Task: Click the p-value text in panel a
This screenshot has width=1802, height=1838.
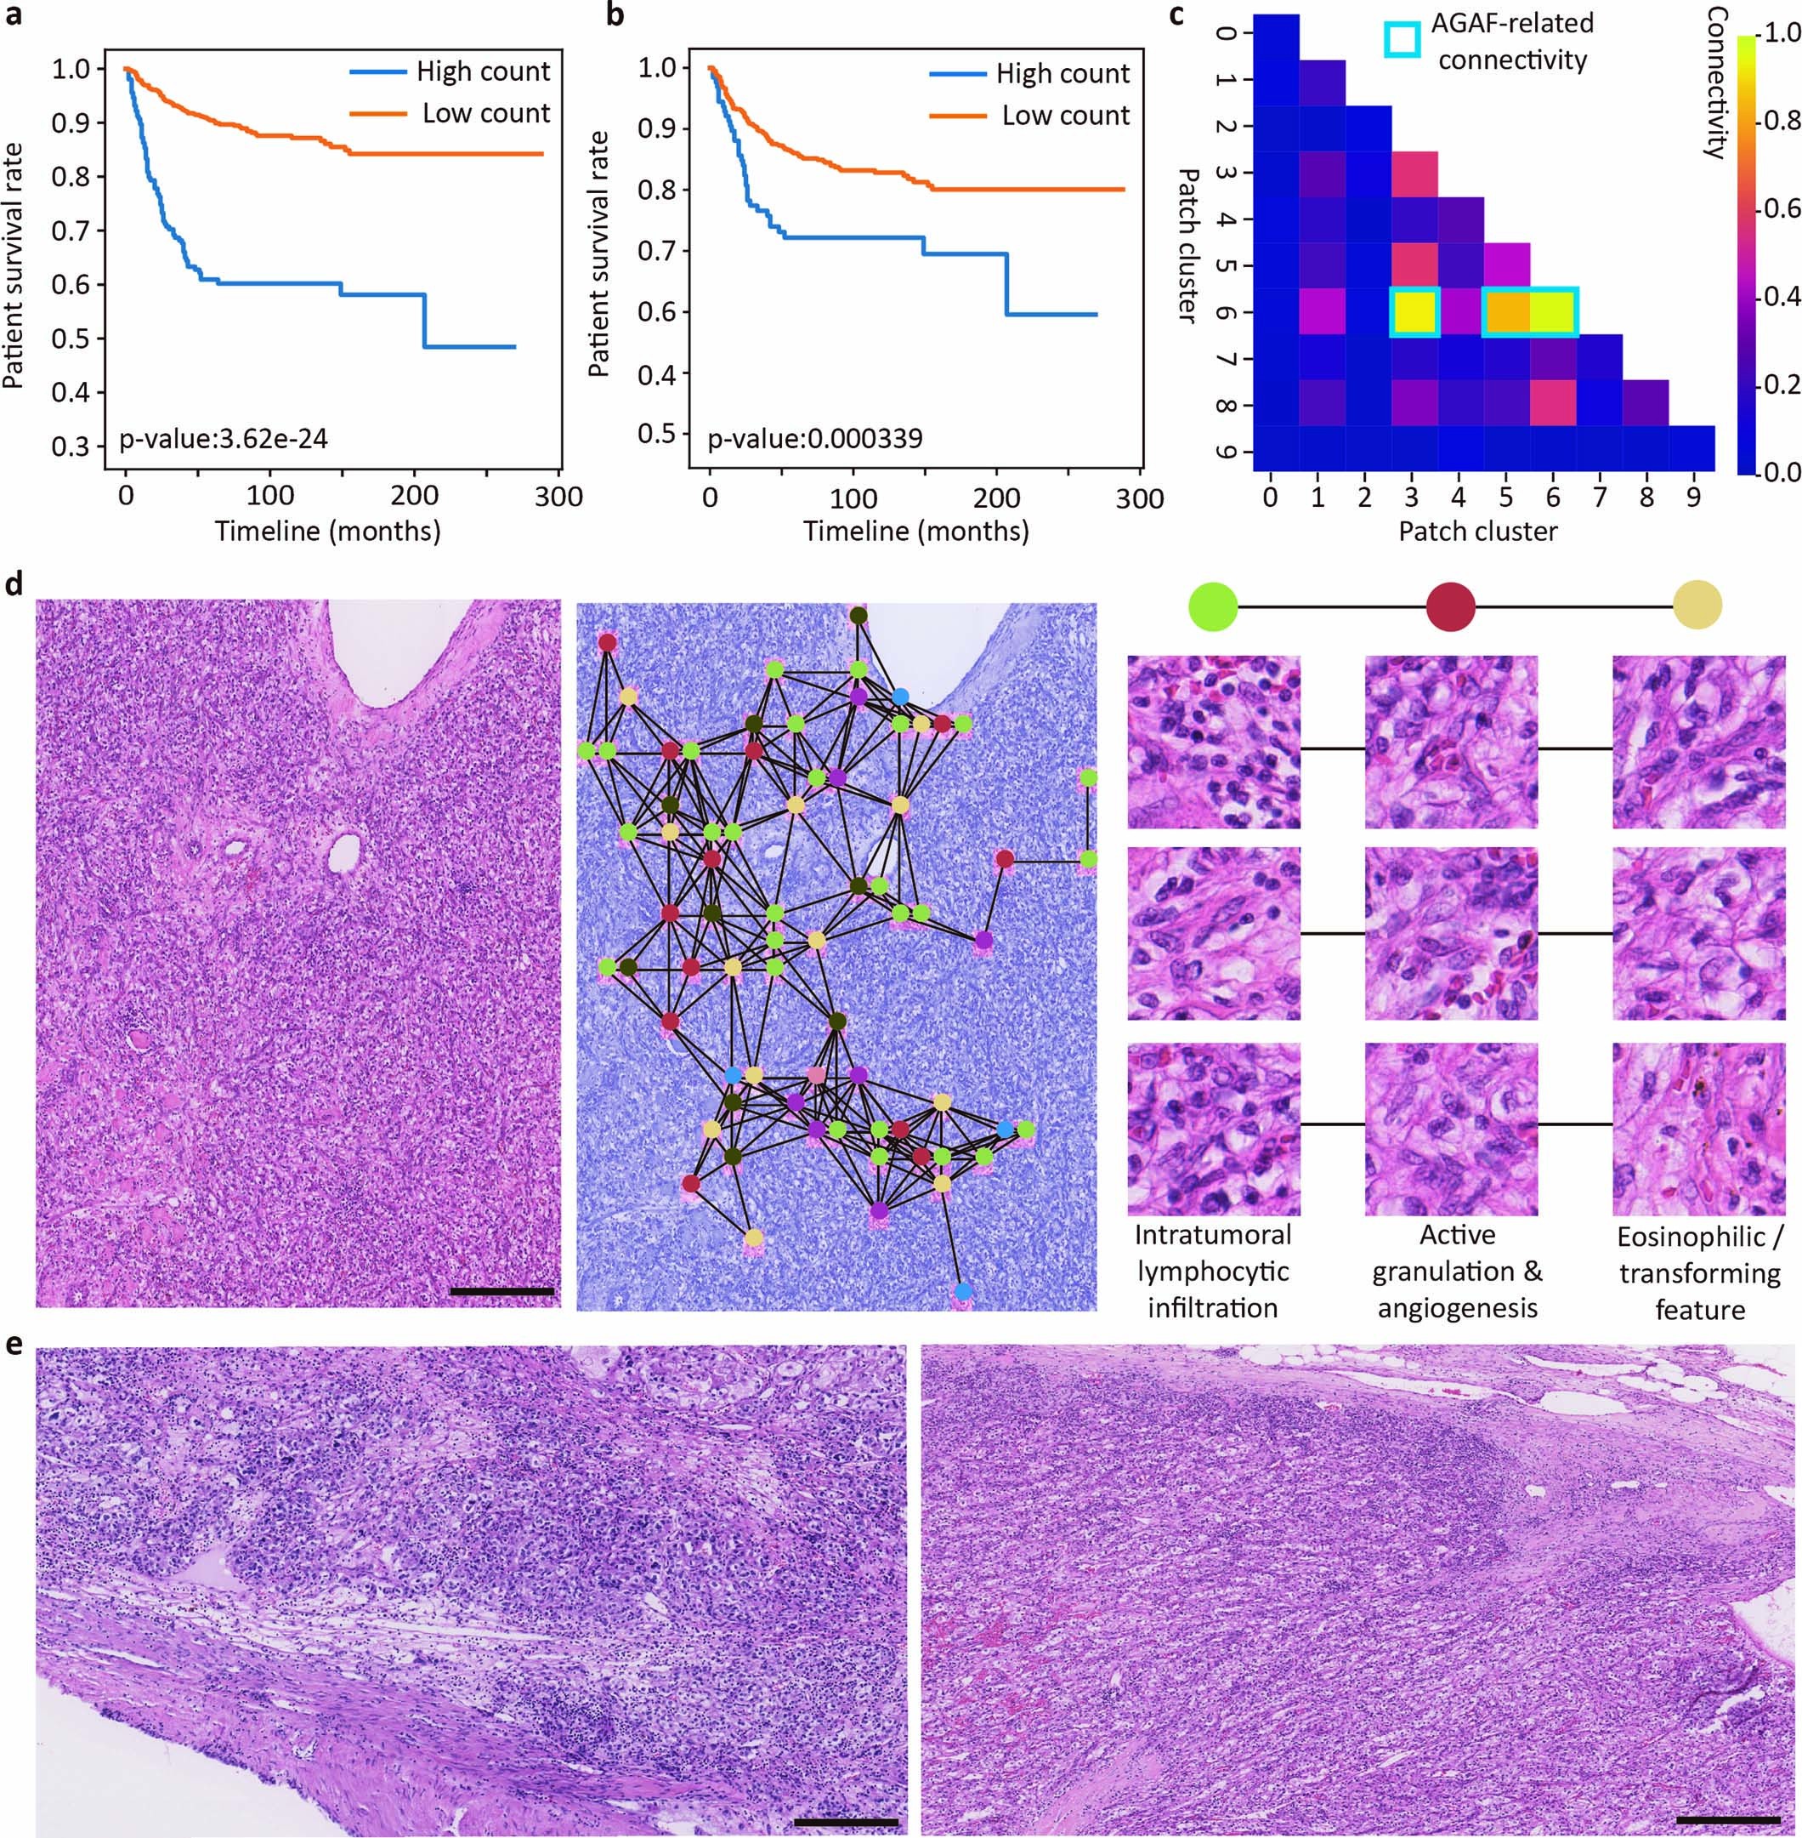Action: pyautogui.click(x=224, y=438)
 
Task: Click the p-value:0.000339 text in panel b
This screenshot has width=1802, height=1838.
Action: pyautogui.click(x=815, y=438)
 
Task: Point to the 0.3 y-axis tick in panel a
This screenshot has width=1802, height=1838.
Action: pyautogui.click(x=71, y=446)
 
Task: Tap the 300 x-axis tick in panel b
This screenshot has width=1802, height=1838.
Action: pyautogui.click(x=1140, y=498)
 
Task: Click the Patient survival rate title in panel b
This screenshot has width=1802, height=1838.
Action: pyautogui.click(x=599, y=253)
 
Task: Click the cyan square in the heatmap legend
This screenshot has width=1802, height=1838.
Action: pyautogui.click(x=1402, y=39)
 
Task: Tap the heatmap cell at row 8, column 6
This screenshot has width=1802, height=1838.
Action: pyautogui.click(x=1553, y=404)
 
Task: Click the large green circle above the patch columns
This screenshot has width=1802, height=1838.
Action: pyautogui.click(x=1212, y=606)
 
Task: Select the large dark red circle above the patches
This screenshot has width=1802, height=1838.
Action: pyautogui.click(x=1450, y=606)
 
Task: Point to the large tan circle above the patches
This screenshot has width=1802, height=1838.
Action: pyautogui.click(x=1697, y=606)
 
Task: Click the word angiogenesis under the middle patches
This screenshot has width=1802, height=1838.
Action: pyautogui.click(x=1457, y=1309)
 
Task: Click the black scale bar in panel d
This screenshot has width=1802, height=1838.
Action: pyautogui.click(x=501, y=1290)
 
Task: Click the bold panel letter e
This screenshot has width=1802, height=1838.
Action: pyautogui.click(x=14, y=1346)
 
